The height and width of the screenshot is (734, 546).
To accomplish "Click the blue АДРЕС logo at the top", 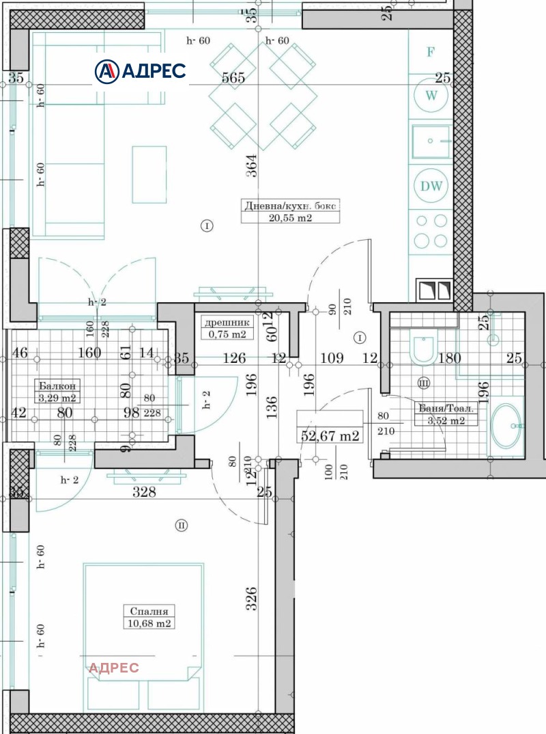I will (140, 70).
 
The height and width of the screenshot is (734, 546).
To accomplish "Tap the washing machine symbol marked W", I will (431, 96).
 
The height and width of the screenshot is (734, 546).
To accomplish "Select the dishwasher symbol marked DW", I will (431, 186).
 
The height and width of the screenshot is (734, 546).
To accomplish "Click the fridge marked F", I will (430, 52).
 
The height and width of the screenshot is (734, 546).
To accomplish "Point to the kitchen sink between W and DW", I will (430, 141).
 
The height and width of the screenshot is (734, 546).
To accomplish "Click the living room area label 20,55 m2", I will (290, 218).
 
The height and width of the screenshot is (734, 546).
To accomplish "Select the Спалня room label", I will (149, 611).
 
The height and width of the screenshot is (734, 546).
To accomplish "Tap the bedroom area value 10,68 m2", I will (149, 623).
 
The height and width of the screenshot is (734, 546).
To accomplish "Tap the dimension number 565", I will (233, 77).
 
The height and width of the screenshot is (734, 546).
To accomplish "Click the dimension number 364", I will (251, 167).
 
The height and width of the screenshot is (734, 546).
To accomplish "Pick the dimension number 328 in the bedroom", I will (144, 492).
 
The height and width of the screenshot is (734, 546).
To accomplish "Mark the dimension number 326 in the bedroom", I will (251, 599).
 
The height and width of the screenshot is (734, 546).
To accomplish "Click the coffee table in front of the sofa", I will (149, 174).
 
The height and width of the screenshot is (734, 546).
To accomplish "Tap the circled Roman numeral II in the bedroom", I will (181, 526).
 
